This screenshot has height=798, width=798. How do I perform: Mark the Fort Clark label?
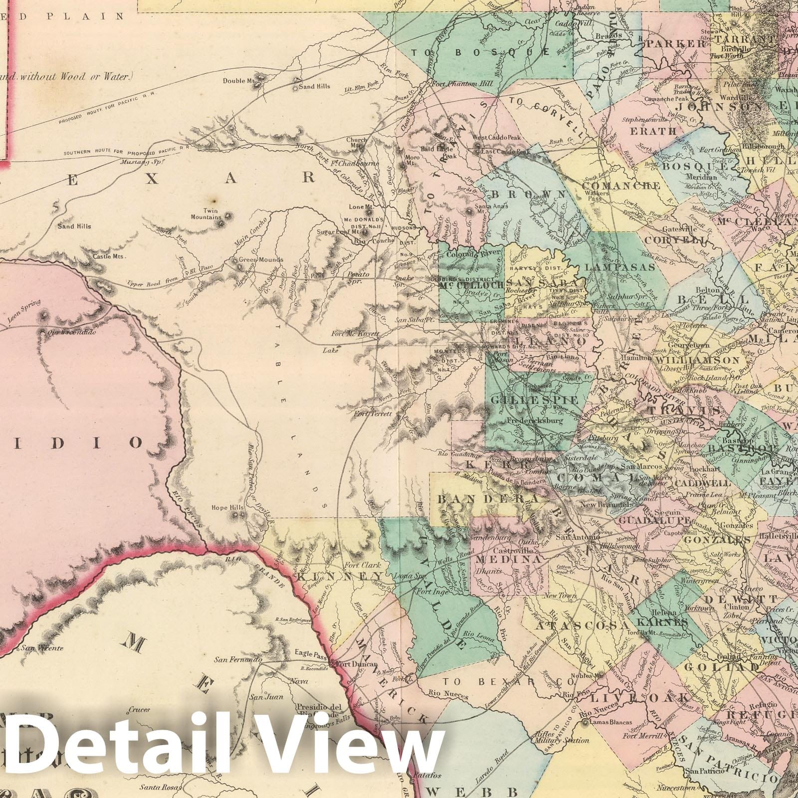[x=363, y=565]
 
